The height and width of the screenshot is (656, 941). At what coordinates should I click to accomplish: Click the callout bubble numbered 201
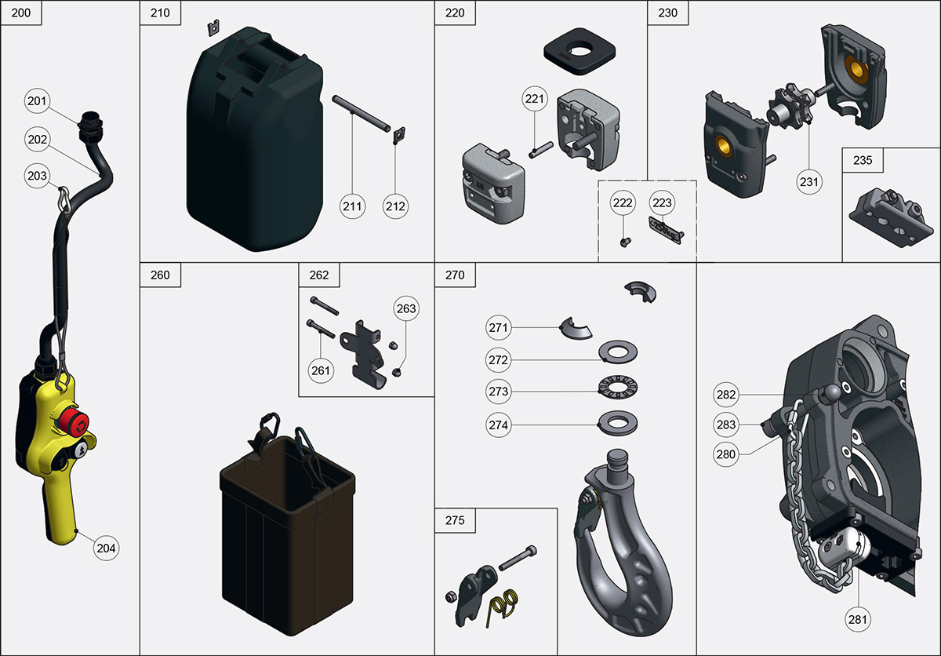pos(38,100)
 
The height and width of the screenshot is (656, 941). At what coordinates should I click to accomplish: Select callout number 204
pos(106,548)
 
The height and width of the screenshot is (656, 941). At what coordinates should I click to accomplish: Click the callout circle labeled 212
pos(396,206)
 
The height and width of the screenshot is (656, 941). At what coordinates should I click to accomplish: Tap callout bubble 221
pos(536,99)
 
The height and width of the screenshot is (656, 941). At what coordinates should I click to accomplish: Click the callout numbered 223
pos(663,203)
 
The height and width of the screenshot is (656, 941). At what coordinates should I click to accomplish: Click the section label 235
pos(863,159)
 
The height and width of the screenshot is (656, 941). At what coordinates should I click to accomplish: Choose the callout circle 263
pos(406,308)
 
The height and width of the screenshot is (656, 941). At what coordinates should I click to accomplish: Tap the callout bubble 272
pos(499,360)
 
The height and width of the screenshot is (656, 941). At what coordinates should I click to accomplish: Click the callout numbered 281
pos(858,620)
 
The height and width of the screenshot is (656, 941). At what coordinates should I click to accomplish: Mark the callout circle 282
pos(726,394)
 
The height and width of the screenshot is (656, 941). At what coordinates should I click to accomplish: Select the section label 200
pos(21,13)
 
